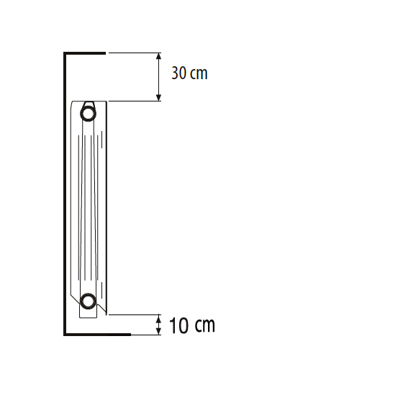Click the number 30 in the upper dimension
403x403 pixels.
tap(178, 73)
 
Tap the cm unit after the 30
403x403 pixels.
tap(199, 73)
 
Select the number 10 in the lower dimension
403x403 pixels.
tap(178, 325)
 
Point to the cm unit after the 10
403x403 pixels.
tap(205, 325)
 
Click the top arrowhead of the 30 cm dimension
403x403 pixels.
tap(158, 56)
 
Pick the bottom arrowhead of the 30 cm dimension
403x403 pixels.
tap(158, 98)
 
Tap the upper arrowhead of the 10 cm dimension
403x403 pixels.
tap(158, 317)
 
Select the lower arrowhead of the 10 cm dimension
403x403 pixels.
tap(158, 331)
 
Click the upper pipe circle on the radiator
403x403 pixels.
tap(88, 107)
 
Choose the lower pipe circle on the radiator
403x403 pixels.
tap(88, 294)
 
